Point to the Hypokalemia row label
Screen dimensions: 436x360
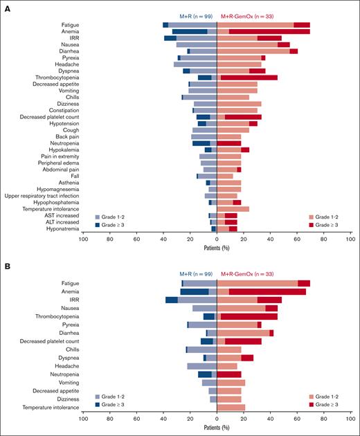[62, 149]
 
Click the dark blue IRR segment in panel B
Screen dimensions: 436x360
[171, 300]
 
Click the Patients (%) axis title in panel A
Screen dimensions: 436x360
[217, 246]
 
